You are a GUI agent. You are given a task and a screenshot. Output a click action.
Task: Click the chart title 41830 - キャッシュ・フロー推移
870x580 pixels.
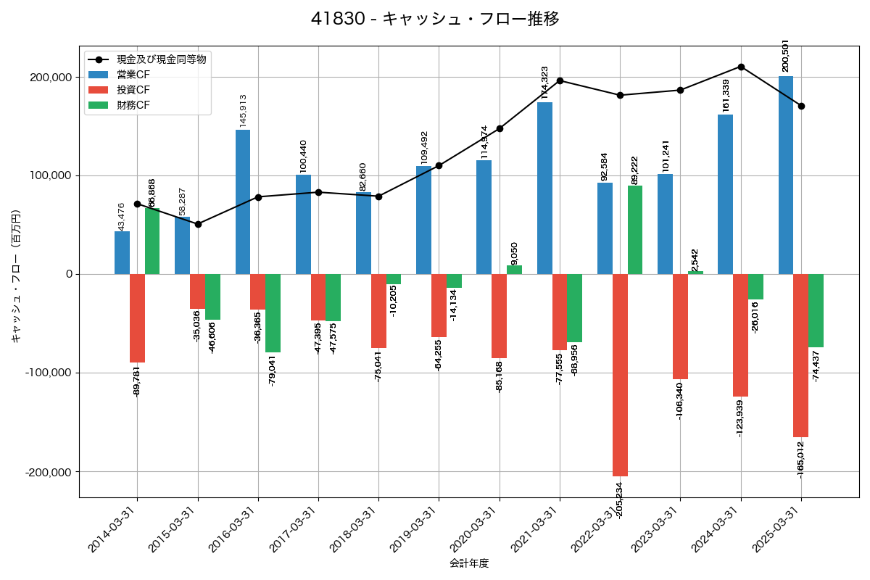(435, 19)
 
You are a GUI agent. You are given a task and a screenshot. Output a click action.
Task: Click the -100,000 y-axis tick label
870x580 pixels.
(49, 373)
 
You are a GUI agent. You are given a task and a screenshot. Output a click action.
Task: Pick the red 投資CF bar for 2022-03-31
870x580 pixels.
(620, 375)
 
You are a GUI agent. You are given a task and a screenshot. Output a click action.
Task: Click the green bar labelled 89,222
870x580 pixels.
(635, 230)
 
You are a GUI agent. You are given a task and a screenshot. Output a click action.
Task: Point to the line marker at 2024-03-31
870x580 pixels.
(741, 67)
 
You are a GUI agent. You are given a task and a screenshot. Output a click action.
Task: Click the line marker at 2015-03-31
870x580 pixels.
(198, 224)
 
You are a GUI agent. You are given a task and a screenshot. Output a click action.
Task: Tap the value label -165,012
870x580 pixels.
(800, 459)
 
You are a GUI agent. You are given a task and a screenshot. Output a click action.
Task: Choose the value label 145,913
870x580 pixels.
(243, 110)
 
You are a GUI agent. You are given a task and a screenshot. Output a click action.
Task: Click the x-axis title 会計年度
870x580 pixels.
(469, 563)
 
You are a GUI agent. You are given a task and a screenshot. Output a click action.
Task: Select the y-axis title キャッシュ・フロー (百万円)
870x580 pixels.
(16, 275)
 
